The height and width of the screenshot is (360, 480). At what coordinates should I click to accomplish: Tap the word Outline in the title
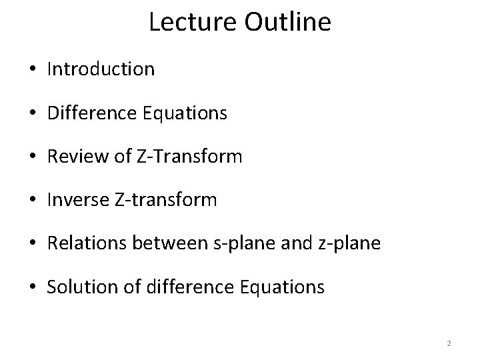(289, 22)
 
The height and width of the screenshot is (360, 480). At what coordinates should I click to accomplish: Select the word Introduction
(101, 69)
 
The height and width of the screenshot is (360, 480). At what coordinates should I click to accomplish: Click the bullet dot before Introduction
(35, 69)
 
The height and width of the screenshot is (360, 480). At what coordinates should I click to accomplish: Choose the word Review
(72, 157)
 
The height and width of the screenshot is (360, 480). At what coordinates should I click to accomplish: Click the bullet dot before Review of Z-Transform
(35, 157)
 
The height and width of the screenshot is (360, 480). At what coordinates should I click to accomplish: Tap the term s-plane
(229, 244)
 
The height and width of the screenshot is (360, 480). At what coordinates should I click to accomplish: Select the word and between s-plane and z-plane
(289, 244)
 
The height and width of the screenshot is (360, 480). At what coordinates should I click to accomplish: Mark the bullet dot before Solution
(35, 288)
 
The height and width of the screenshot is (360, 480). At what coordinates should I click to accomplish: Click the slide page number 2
(449, 343)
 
